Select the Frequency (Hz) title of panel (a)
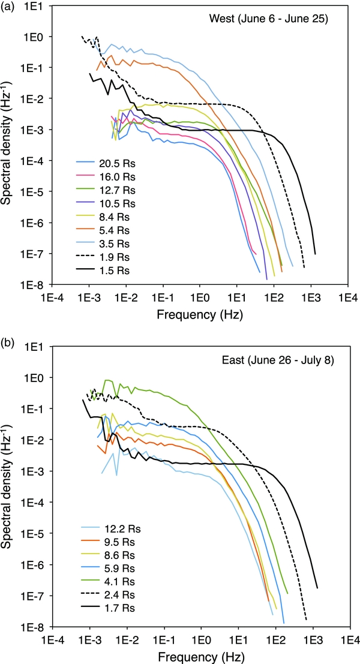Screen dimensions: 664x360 point(200,314)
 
